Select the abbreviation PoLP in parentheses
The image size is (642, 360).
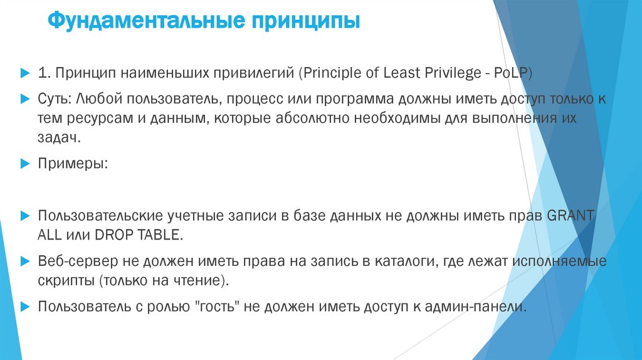pos(511,73)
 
